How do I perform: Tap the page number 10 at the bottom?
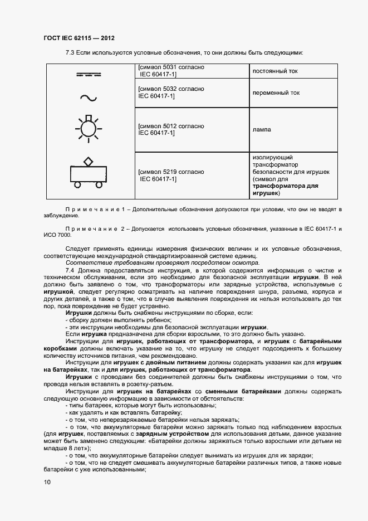(47, 482)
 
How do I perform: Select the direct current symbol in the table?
(87, 72)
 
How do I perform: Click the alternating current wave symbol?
(87, 98)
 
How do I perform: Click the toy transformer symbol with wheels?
(87, 173)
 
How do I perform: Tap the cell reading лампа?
(261, 129)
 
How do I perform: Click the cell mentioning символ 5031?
(171, 71)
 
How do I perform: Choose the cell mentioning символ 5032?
(171, 92)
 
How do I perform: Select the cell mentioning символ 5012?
(171, 129)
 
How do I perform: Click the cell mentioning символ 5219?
(171, 176)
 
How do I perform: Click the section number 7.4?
(70, 270)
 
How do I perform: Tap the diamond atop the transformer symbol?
(88, 161)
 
